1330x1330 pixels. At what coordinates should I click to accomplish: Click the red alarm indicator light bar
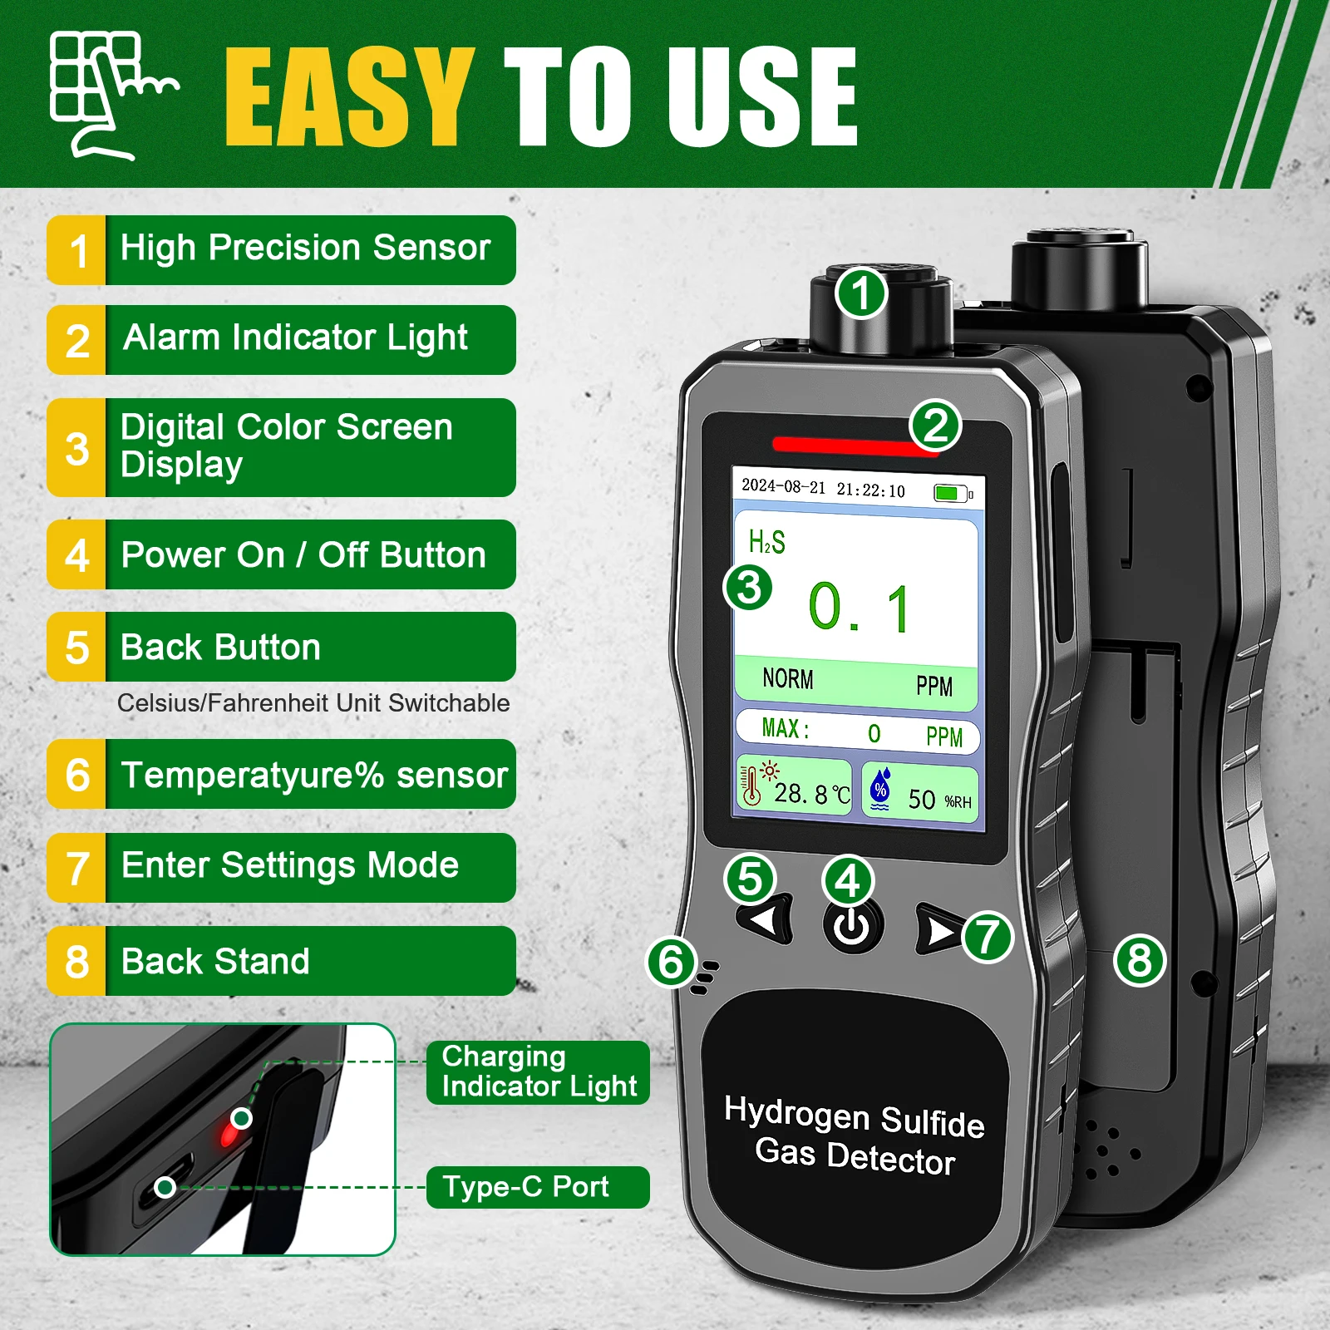(x=852, y=446)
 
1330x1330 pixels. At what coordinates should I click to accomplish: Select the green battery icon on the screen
(x=948, y=493)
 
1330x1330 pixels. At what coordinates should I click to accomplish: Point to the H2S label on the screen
(x=766, y=542)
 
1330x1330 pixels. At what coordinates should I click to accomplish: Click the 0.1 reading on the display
(x=860, y=608)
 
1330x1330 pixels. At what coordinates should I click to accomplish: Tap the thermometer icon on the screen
(x=751, y=785)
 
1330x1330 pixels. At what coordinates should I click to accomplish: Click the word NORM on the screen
(x=788, y=679)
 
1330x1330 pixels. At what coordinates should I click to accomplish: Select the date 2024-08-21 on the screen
(x=783, y=486)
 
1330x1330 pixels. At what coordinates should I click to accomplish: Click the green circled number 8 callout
(x=1140, y=960)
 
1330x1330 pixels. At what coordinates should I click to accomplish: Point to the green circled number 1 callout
(x=861, y=293)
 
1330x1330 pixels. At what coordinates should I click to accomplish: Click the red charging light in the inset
(x=226, y=1133)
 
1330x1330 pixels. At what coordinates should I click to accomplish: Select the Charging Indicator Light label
(x=538, y=1071)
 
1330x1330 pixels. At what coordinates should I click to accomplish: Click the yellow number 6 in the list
(x=77, y=775)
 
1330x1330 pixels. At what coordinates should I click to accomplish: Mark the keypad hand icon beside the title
(x=108, y=93)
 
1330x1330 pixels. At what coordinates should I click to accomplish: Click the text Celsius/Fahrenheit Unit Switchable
(x=313, y=703)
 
